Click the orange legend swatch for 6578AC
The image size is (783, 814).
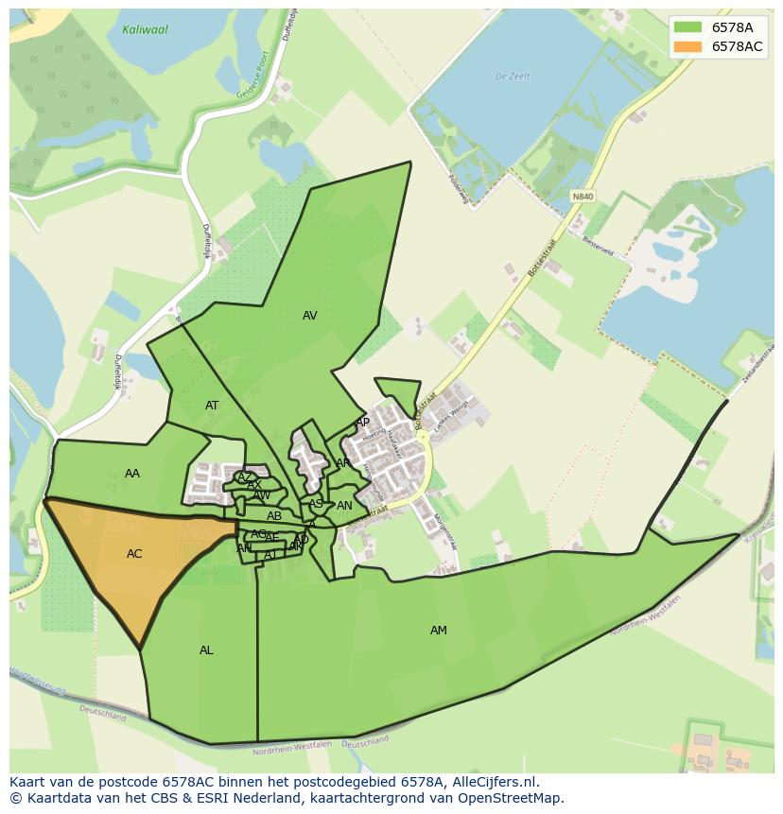(688, 47)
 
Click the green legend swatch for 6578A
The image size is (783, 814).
(688, 27)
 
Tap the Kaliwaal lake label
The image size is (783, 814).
(145, 30)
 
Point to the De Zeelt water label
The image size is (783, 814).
(513, 77)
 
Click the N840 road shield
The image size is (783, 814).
(583, 197)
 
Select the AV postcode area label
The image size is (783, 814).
(310, 316)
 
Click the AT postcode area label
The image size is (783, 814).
(212, 406)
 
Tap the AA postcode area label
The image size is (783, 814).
(132, 474)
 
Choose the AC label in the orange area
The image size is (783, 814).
(134, 554)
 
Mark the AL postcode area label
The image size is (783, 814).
(206, 650)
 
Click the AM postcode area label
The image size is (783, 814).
(439, 631)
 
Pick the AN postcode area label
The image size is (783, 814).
(344, 506)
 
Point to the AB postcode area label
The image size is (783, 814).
(274, 516)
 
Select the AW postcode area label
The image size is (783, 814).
(262, 495)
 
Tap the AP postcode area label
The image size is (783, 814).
(362, 423)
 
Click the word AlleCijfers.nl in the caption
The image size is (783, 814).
(490, 782)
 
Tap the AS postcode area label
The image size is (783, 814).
(316, 504)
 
